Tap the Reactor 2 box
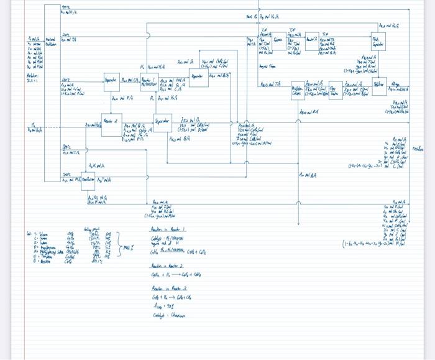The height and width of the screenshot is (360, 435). (111, 124)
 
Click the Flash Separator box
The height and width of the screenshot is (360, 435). (378, 42)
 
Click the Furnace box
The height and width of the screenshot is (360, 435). (286, 42)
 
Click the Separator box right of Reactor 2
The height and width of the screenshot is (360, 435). (162, 122)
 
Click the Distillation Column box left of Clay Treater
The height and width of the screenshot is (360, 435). (299, 91)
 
